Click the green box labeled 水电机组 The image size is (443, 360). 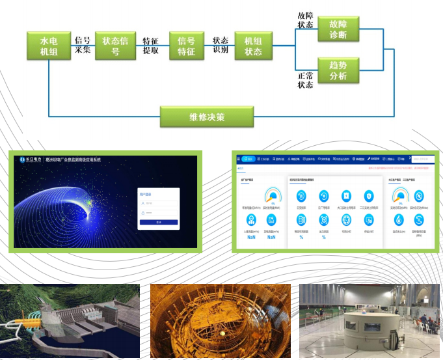[x=49, y=46]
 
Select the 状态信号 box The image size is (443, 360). [x=115, y=46]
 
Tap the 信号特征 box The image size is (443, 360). [x=186, y=46]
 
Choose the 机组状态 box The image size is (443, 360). [x=252, y=46]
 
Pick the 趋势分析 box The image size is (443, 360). [x=338, y=70]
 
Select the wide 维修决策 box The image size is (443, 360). [x=206, y=117]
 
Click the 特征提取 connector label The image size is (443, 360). [x=151, y=45]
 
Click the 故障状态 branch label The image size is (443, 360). [x=305, y=20]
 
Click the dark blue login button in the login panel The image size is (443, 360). [x=159, y=222]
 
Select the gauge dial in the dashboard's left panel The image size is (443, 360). [x=273, y=195]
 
